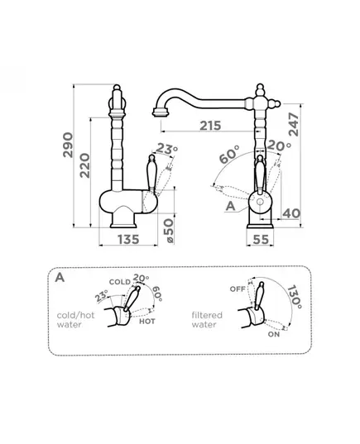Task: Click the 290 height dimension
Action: pyautogui.click(x=68, y=145)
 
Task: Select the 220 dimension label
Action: pyautogui.click(x=84, y=165)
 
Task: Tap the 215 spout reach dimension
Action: pyautogui.click(x=210, y=126)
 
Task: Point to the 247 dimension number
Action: pyautogui.click(x=294, y=124)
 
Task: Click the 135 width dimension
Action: pyautogui.click(x=128, y=240)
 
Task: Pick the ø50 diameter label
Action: pyautogui.click(x=168, y=231)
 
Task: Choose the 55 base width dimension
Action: pyautogui.click(x=261, y=240)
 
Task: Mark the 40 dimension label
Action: pyautogui.click(x=291, y=213)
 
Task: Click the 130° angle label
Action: pyautogui.click(x=295, y=297)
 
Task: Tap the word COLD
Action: pyautogui.click(x=120, y=282)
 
